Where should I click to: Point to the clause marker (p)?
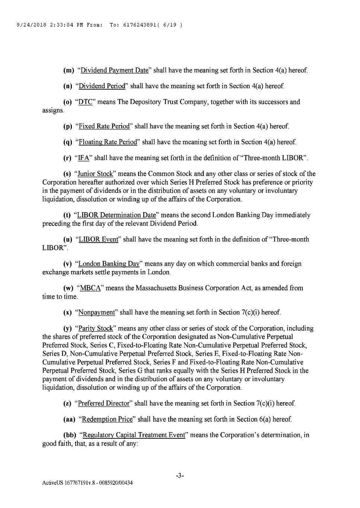[x=68, y=127]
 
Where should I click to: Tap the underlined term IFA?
[x=84, y=158]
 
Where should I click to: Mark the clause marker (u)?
[x=68, y=239]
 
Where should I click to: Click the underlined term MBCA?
[x=90, y=288]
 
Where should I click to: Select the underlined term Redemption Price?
[x=107, y=419]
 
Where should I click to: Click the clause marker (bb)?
[x=69, y=435]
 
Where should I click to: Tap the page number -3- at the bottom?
[x=180, y=476]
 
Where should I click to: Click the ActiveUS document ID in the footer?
[x=87, y=483]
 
